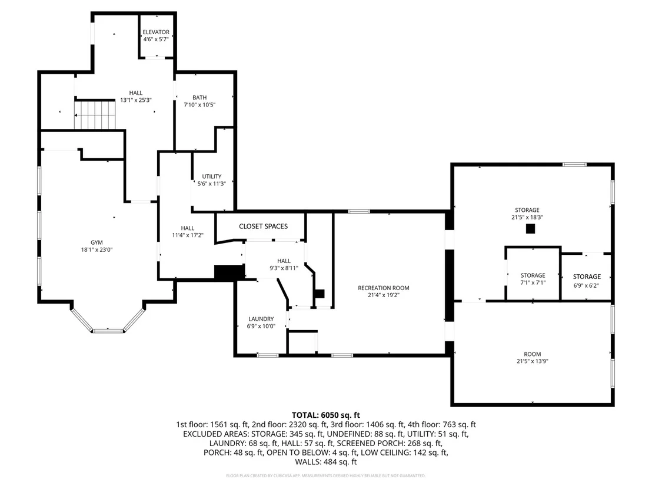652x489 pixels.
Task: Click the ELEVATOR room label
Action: tap(156, 32)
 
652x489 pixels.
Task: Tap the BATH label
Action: tap(199, 98)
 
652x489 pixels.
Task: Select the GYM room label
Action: tap(97, 242)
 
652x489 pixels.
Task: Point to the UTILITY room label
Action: tap(212, 177)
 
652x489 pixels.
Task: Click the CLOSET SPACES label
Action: tap(263, 226)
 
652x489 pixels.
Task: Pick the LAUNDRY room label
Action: tap(261, 319)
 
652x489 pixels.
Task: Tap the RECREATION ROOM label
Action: tap(384, 288)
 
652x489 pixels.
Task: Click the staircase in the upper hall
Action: tap(94, 114)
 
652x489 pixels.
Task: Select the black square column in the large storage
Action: tap(530, 229)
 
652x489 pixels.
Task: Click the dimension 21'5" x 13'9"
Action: tap(532, 361)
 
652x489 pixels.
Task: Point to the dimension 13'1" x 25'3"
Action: tap(135, 100)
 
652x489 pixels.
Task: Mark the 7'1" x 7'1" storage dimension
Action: tap(533, 283)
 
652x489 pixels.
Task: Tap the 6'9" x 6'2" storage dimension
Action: tap(586, 285)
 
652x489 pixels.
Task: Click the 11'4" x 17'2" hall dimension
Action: tap(188, 235)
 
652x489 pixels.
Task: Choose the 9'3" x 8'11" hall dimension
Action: tap(284, 268)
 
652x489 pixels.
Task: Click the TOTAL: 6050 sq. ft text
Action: tap(325, 415)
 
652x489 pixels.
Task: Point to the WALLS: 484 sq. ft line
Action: tap(326, 461)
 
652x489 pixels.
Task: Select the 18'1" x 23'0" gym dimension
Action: tap(97, 250)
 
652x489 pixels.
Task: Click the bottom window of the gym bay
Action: tap(108, 331)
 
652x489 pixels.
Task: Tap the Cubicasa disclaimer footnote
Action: tap(325, 475)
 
